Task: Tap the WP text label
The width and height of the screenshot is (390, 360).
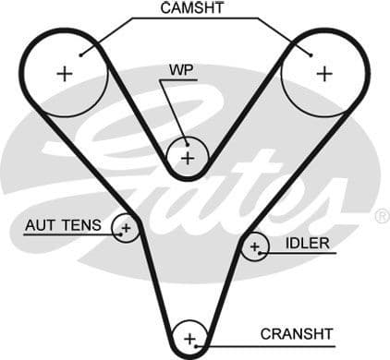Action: click(180, 69)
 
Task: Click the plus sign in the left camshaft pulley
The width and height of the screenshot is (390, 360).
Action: click(64, 75)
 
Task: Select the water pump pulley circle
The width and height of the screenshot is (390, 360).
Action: click(188, 157)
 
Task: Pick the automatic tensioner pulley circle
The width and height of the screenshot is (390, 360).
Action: click(126, 228)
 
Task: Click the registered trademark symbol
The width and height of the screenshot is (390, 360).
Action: click(381, 216)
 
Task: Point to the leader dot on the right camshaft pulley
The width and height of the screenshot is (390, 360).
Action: click(314, 54)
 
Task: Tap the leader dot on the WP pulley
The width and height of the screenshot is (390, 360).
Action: click(188, 143)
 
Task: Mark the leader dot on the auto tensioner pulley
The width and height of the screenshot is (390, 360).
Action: click(119, 234)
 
